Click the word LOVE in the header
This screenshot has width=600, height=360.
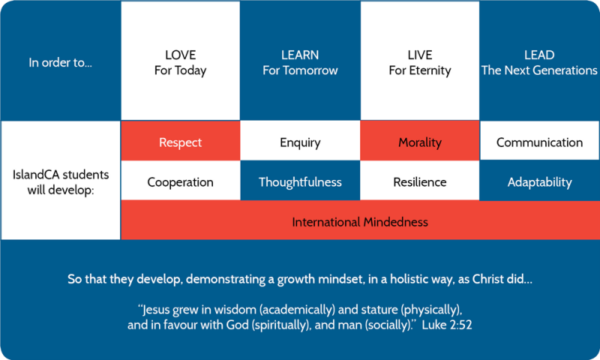180,55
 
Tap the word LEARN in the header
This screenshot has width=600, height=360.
300,55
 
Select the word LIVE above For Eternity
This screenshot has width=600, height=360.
420,55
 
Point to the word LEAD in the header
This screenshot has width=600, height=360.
539,55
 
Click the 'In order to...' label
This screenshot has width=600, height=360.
61,62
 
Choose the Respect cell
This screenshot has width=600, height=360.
180,140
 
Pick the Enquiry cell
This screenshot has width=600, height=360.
300,140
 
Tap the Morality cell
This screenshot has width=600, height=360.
420,140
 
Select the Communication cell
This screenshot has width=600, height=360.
539,140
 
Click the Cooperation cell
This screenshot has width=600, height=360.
180,180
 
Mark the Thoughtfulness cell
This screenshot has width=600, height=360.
300,180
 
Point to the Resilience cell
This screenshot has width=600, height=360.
420,180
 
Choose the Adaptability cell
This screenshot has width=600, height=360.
539,180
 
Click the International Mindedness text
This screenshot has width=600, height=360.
360,222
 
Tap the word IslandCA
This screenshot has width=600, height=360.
35,175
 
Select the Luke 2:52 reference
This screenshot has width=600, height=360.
447,325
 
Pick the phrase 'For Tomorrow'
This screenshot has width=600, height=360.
300,70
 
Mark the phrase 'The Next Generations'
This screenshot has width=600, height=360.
539,70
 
